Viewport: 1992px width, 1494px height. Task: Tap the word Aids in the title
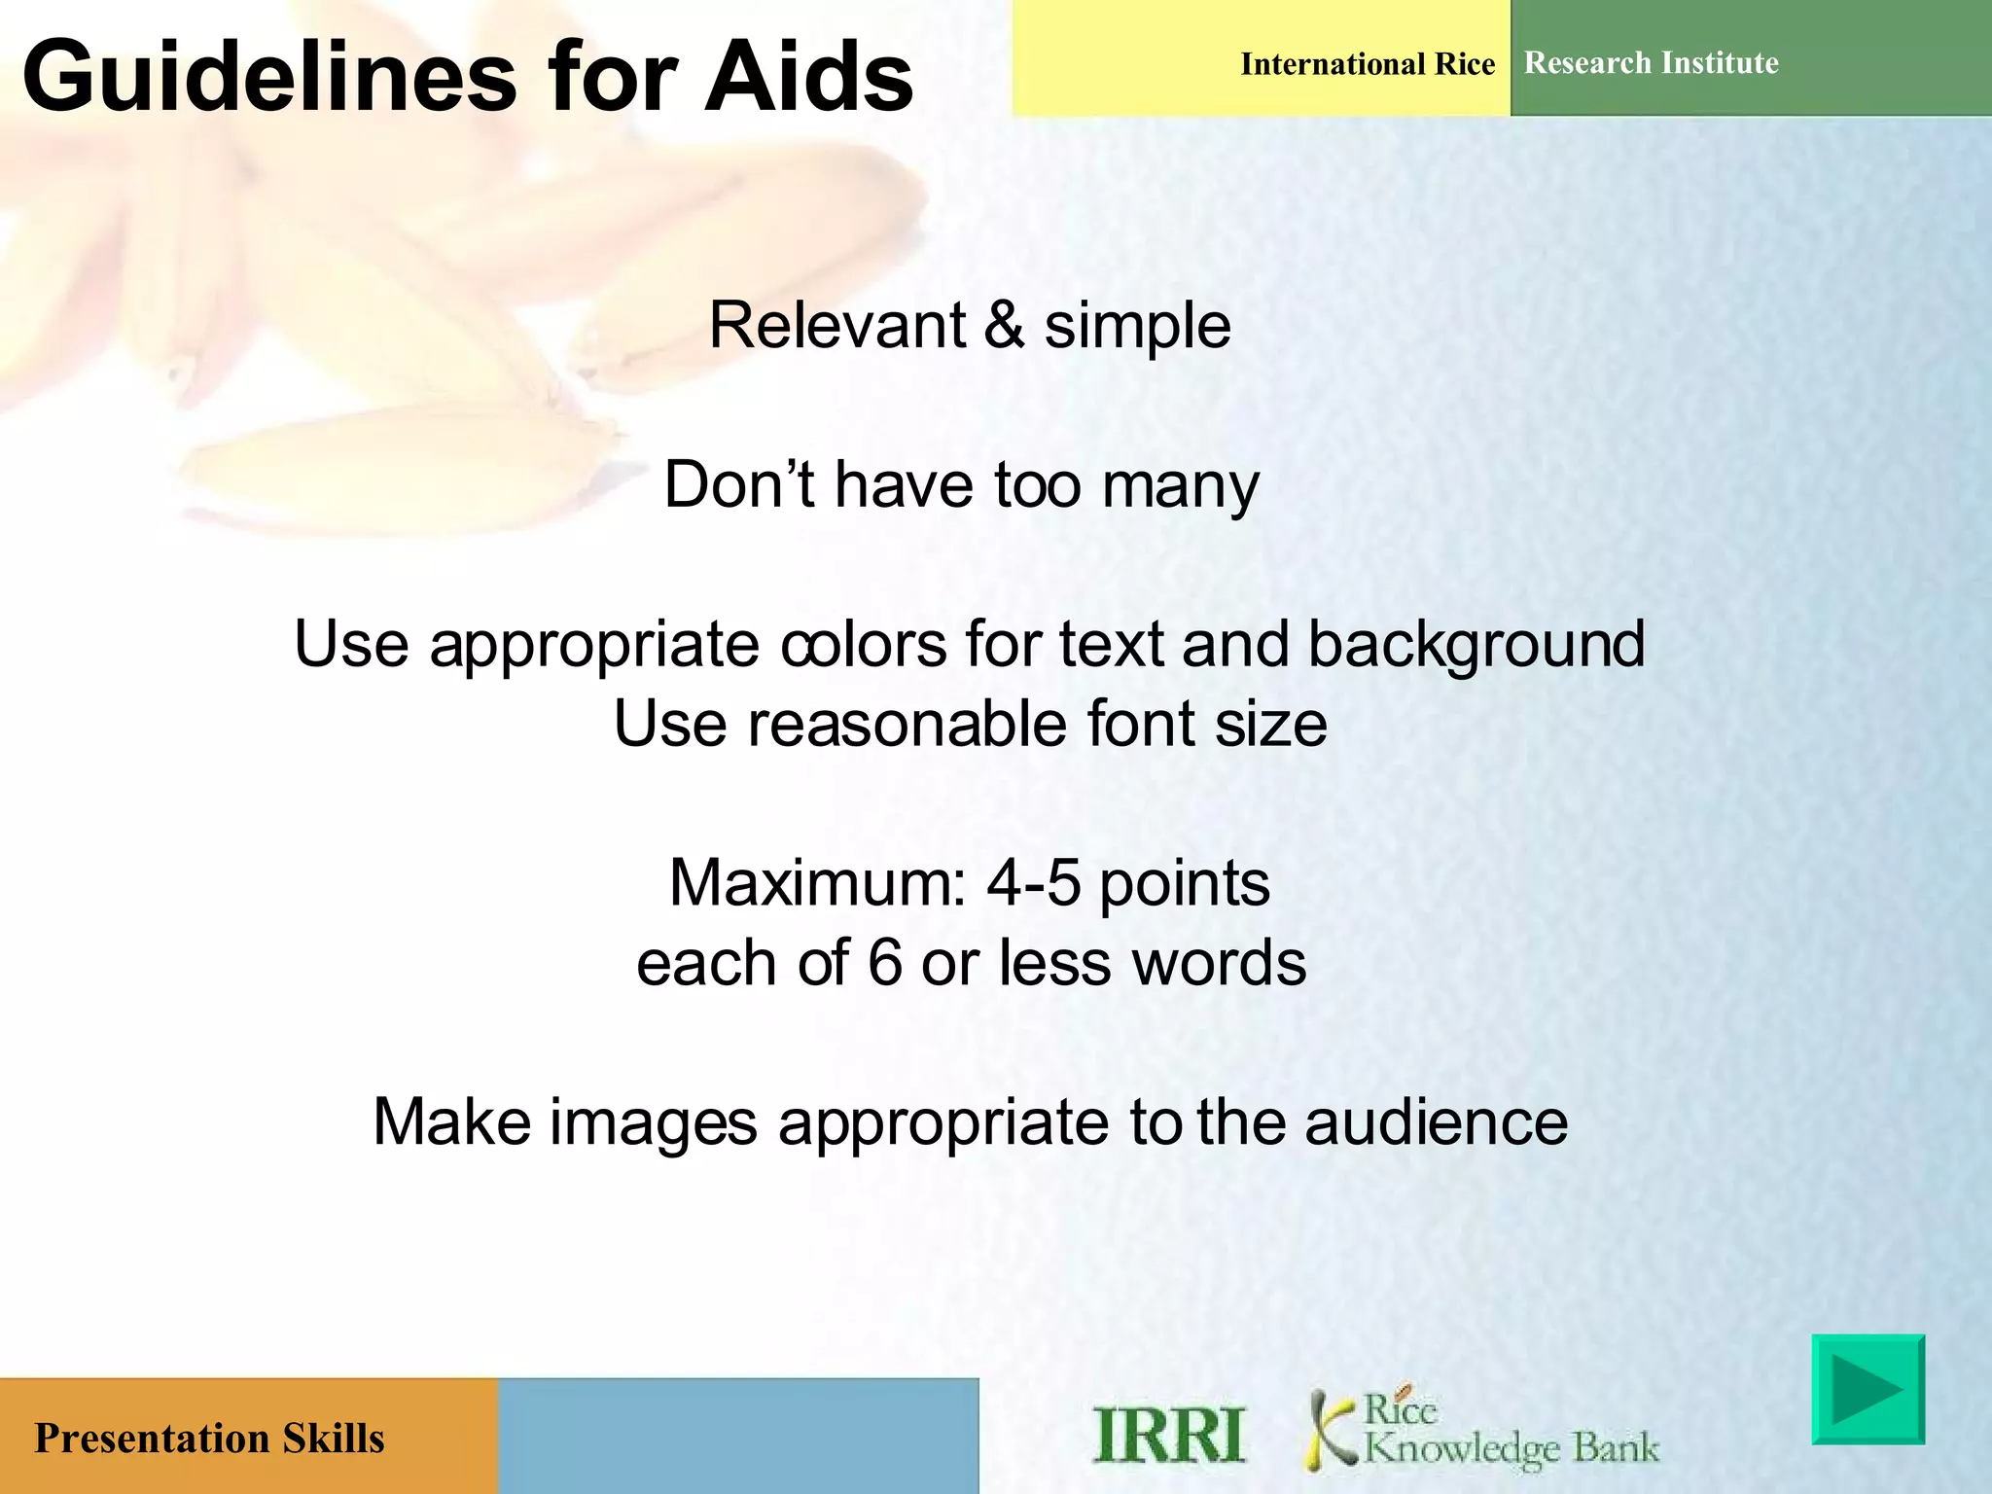pos(809,78)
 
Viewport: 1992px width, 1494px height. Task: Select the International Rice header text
pos(1367,64)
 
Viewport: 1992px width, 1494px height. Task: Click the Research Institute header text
pos(1651,63)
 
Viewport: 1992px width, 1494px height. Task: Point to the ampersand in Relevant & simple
pos(1004,326)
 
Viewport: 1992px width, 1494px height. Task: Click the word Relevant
pos(836,326)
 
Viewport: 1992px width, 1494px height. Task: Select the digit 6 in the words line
pos(885,963)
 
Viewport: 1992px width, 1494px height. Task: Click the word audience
pos(1436,1122)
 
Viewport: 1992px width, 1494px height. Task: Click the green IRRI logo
pos(1168,1434)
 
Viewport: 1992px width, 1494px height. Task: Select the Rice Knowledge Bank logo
pos(1482,1430)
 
